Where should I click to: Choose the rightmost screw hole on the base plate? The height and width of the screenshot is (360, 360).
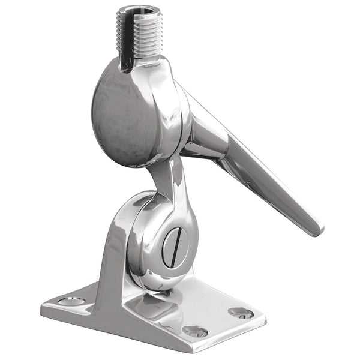click(241, 313)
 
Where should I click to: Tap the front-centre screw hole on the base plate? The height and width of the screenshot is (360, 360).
click(195, 331)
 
